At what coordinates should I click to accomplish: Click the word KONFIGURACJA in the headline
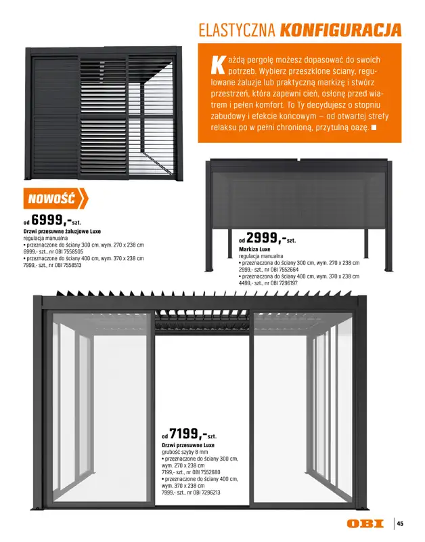pyautogui.click(x=340, y=30)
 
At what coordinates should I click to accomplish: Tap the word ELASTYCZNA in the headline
pyautogui.click(x=237, y=30)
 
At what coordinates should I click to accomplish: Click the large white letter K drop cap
pyautogui.click(x=218, y=65)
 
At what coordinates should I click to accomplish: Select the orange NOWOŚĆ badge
pyautogui.click(x=55, y=199)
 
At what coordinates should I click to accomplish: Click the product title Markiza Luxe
pyautogui.click(x=254, y=249)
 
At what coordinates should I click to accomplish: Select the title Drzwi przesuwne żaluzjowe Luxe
pyautogui.click(x=62, y=231)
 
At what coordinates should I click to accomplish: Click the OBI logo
pyautogui.click(x=365, y=524)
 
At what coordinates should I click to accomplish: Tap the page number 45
pyautogui.click(x=400, y=524)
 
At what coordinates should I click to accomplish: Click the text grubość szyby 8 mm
pyautogui.click(x=185, y=452)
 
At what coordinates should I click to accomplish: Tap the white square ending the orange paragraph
pyautogui.click(x=374, y=127)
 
